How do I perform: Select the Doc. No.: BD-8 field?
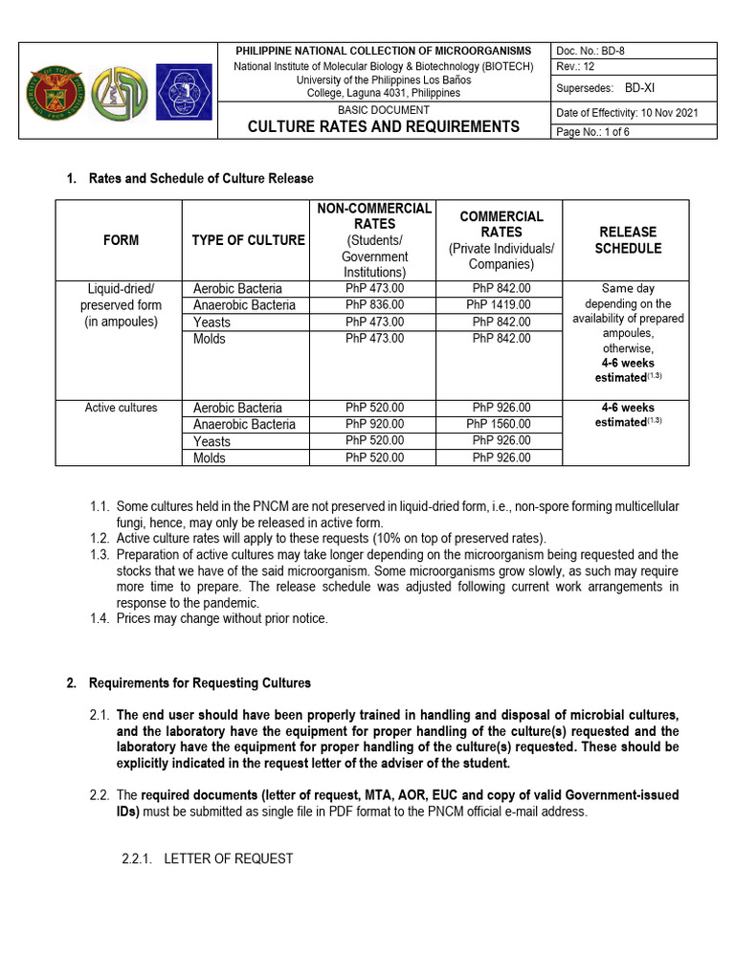pos(591,50)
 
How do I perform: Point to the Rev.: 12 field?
pos(577,66)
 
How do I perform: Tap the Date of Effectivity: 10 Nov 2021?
pos(627,112)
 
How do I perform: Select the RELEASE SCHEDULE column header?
pos(628,240)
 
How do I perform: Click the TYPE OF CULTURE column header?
pos(248,240)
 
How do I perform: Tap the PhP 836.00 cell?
pos(374,304)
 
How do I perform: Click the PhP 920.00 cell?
pos(374,424)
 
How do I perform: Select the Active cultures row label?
pos(121,408)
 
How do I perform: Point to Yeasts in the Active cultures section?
pos(212,441)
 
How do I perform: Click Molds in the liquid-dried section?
pos(210,339)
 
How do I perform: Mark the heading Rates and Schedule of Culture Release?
pos(200,179)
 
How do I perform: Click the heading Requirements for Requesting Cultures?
pos(199,683)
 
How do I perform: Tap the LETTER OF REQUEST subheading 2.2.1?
pos(228,858)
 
